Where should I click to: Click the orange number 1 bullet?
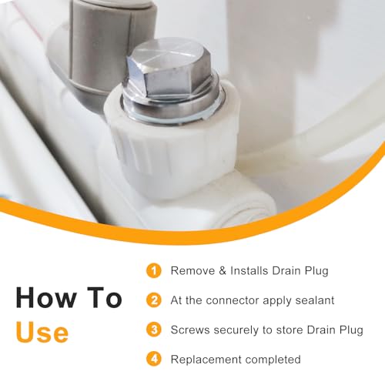click(154, 270)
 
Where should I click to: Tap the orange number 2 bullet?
click(154, 300)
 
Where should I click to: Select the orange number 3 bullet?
click(154, 330)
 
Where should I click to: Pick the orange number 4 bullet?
click(154, 359)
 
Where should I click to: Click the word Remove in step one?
click(192, 271)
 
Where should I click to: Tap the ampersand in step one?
click(223, 271)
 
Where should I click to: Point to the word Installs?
click(249, 271)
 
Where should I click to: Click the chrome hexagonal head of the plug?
click(169, 69)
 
